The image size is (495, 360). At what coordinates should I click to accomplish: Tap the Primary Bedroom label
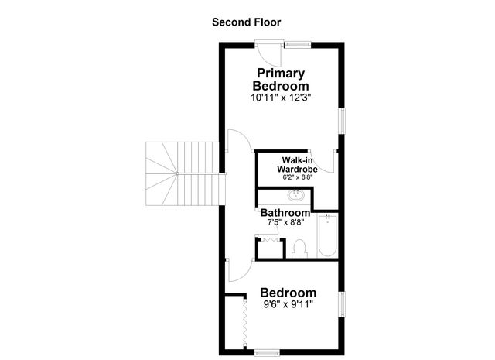tap(281, 79)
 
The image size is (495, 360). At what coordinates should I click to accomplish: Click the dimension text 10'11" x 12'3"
tap(281, 98)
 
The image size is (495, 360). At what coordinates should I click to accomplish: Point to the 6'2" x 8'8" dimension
tap(297, 177)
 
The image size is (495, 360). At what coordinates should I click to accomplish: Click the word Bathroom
tap(285, 212)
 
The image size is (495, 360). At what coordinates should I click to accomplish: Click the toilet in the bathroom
tap(300, 248)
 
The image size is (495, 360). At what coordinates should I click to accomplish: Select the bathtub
tap(326, 238)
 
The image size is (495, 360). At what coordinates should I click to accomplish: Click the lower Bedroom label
tap(288, 293)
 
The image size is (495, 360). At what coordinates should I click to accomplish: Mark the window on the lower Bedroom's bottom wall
tap(267, 351)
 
